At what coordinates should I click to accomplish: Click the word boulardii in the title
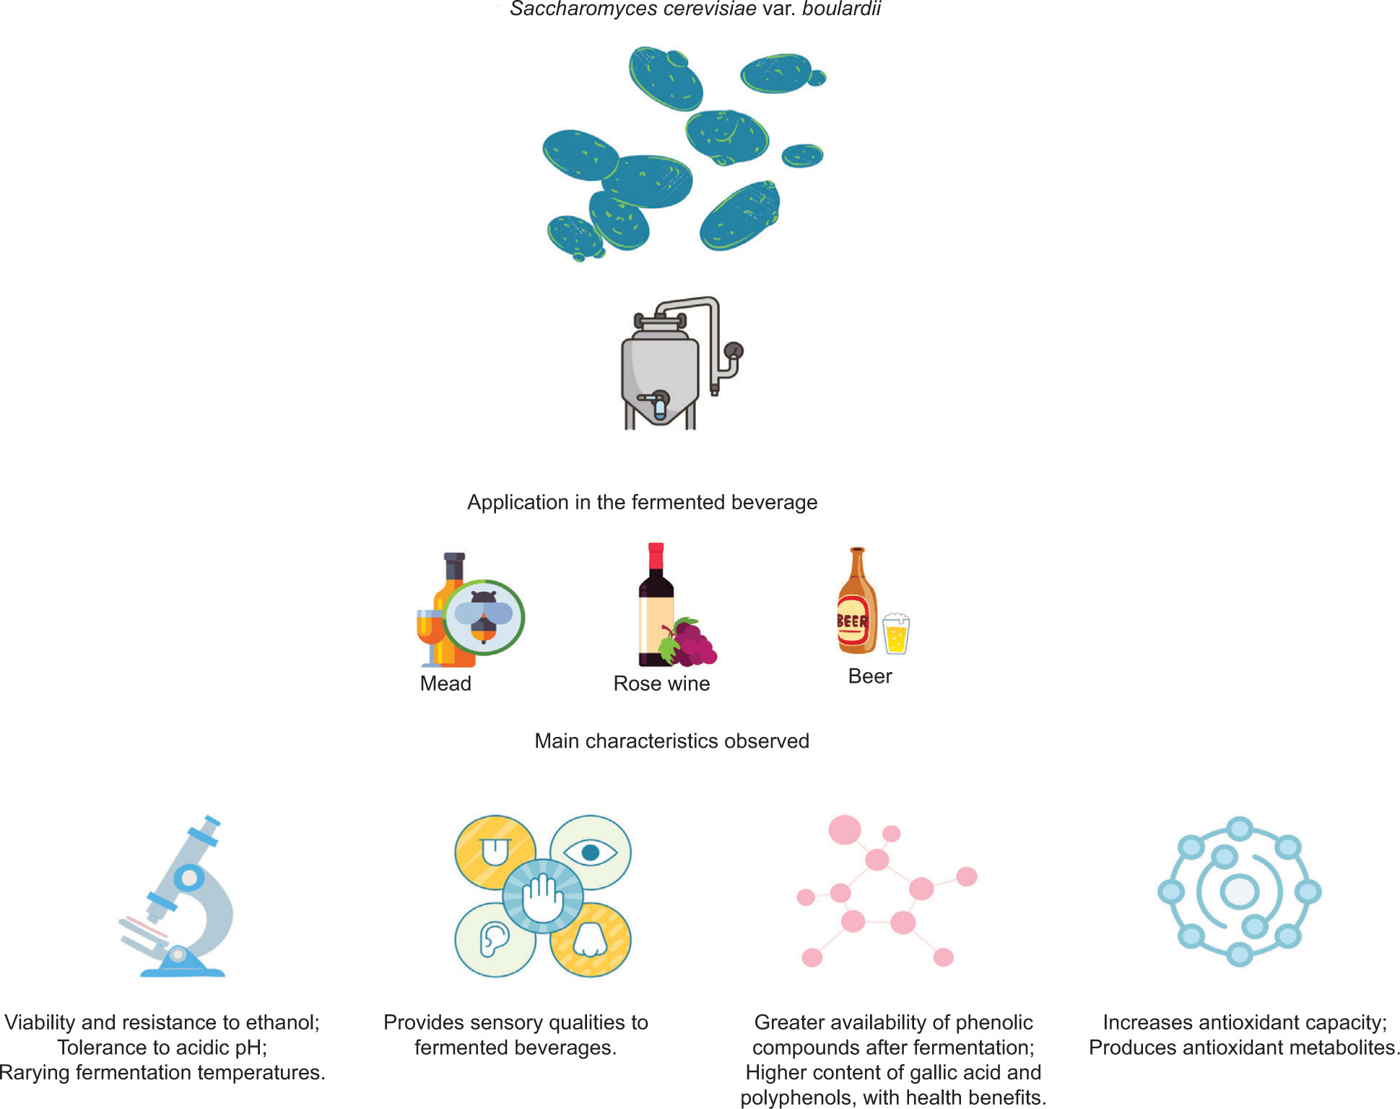841,9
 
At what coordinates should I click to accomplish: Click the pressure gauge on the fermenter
734,351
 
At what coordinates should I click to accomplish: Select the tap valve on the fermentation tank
658,405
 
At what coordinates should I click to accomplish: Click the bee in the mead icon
483,616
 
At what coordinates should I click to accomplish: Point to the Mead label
445,683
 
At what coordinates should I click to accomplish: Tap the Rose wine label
661,683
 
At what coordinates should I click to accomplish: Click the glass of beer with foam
896,634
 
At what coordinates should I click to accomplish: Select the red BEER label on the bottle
852,621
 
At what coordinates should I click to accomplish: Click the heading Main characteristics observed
671,741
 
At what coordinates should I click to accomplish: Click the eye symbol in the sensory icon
591,853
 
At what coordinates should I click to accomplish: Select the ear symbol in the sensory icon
495,940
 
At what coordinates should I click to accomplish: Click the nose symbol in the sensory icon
591,939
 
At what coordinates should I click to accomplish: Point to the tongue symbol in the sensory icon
495,852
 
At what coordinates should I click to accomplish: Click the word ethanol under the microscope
282,1022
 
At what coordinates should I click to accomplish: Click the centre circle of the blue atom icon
1239,892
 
